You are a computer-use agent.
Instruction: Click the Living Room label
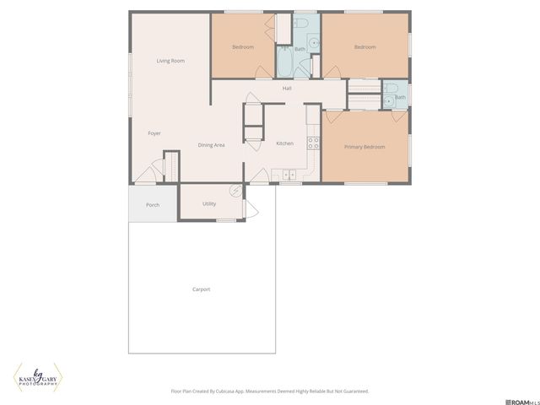170,61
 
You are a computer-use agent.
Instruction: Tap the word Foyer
154,133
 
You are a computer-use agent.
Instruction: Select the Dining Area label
211,145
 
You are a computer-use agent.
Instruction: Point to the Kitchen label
285,143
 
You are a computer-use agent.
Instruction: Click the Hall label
287,88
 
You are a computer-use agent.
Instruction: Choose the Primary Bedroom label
364,147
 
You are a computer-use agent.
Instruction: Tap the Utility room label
209,203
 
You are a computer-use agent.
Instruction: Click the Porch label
153,205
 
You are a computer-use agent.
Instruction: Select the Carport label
201,289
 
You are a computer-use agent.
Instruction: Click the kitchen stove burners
312,141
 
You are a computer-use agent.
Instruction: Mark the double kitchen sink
288,175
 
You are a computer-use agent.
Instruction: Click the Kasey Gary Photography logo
38,377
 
